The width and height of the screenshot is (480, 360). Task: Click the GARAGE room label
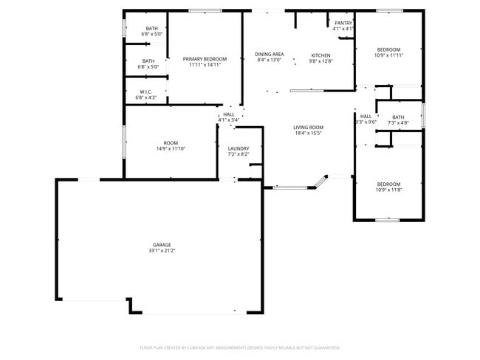[162, 244]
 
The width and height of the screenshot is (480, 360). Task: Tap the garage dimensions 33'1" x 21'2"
[162, 251]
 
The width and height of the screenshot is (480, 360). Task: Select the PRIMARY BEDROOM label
[205, 59]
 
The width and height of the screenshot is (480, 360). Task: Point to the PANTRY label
[343, 23]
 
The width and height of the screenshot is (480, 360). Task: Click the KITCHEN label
[320, 55]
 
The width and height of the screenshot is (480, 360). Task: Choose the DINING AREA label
[270, 54]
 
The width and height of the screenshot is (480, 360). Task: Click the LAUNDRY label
[238, 148]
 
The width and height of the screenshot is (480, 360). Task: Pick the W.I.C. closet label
[145, 91]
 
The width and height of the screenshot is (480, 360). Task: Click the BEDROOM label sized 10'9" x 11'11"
[388, 49]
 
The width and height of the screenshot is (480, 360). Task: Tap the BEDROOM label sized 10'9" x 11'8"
[388, 184]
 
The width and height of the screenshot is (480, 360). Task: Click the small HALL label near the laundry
[229, 114]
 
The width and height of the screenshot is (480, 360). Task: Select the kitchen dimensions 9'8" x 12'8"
[320, 61]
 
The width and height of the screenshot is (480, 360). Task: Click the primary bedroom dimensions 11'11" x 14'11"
[205, 65]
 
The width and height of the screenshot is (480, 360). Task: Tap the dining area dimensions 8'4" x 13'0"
[270, 60]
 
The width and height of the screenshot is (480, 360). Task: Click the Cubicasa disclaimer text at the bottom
[239, 347]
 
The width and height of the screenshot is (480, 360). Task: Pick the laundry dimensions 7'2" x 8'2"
[238, 155]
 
